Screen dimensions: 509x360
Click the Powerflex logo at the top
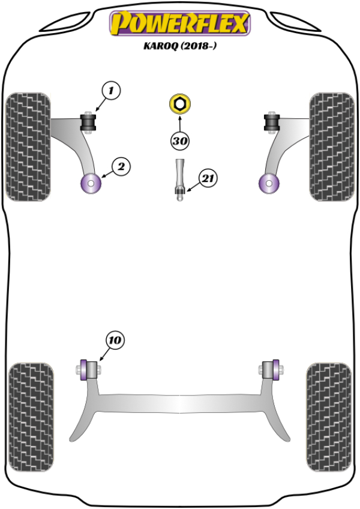[x=179, y=24]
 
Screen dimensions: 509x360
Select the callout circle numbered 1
[x=111, y=91]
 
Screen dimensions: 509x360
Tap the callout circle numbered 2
[x=120, y=167]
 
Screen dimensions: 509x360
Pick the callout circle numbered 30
[x=179, y=142]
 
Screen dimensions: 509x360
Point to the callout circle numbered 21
[x=208, y=178]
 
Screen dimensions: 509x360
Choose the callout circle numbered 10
[x=115, y=340]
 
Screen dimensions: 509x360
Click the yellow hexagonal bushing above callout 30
[x=179, y=104]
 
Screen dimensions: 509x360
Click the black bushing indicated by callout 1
[x=89, y=122]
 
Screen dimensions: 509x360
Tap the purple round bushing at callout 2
[x=91, y=182]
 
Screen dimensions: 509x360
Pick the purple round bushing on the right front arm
[x=268, y=182]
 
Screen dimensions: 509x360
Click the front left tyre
[x=28, y=146]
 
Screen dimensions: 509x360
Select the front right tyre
[x=331, y=146]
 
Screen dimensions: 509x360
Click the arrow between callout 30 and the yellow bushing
[x=179, y=122]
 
